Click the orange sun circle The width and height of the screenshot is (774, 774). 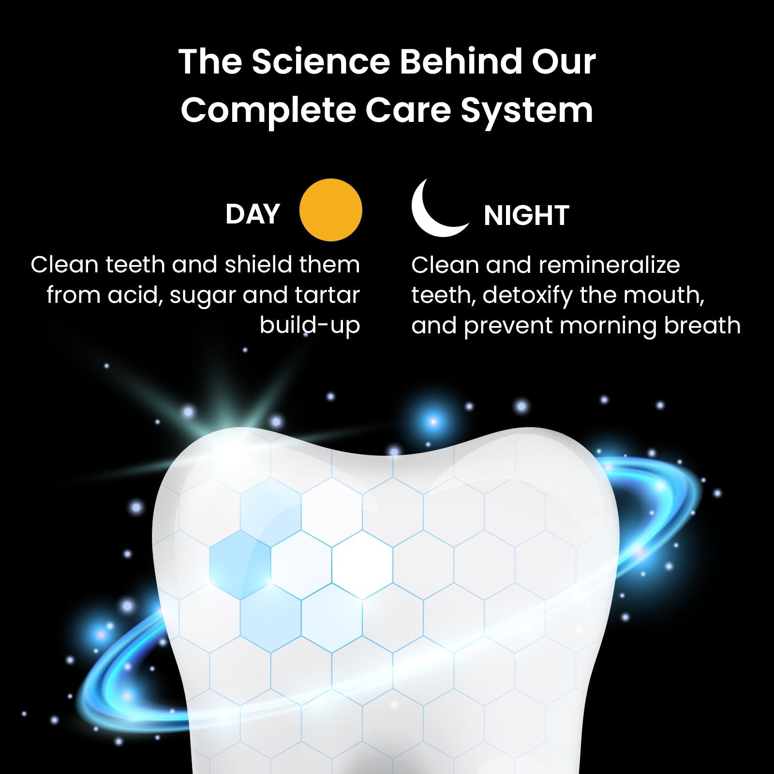coord(330,210)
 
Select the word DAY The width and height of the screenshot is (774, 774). coord(253,214)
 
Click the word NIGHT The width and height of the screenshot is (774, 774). coord(526,216)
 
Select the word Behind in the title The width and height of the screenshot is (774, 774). coord(461,62)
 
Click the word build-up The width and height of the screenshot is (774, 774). coord(310,326)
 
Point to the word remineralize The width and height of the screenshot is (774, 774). coord(609,265)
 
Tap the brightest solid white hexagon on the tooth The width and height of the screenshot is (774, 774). coord(362,561)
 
